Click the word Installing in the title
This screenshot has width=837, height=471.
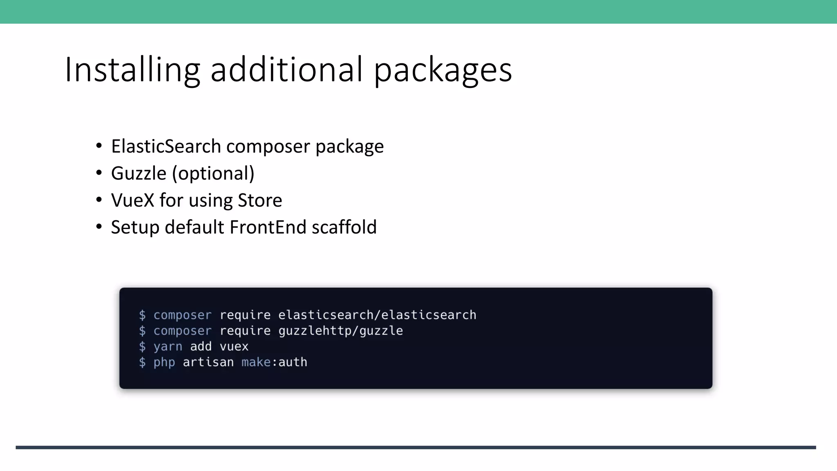[132, 70]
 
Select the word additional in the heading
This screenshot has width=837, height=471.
[286, 70]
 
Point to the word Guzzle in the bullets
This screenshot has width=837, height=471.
[139, 173]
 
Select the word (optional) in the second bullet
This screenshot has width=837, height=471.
[213, 173]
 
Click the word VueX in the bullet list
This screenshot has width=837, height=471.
[132, 200]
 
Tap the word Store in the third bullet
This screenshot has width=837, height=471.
[260, 200]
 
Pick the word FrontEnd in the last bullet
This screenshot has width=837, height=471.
[268, 227]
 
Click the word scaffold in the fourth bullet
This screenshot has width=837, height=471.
[344, 227]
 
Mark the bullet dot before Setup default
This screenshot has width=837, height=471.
[99, 227]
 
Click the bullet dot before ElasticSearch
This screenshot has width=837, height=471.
[99, 146]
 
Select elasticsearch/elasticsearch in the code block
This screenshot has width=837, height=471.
[377, 315]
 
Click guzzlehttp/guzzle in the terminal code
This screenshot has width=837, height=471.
[340, 331]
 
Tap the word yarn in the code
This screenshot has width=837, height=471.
[168, 347]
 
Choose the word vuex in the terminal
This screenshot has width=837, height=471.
[234, 347]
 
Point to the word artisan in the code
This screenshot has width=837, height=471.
[208, 362]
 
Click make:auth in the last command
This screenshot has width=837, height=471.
[274, 362]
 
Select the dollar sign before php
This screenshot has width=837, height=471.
[142, 362]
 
